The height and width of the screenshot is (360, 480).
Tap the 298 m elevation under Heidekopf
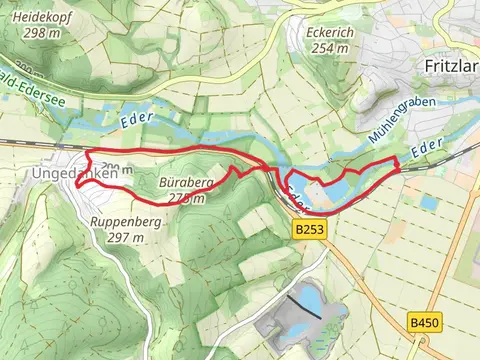40,34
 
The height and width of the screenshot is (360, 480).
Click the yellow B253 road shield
310,230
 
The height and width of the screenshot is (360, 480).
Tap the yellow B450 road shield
424,322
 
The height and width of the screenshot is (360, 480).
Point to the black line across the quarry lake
304,306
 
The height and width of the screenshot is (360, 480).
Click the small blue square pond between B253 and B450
429,203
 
